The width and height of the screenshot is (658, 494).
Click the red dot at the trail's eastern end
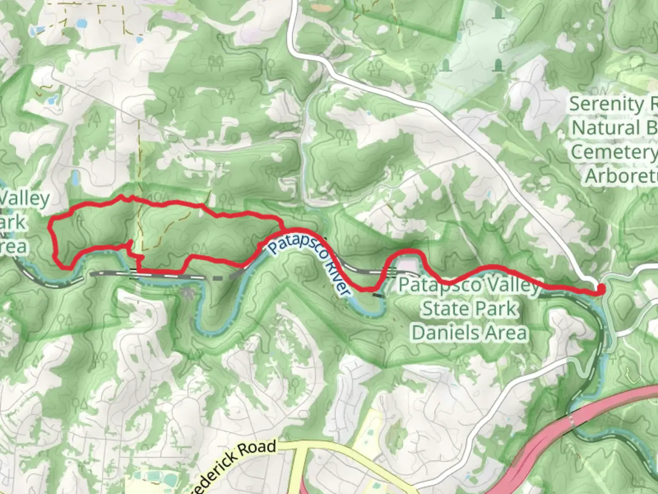(601, 289)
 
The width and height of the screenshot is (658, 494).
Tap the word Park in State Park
(495, 309)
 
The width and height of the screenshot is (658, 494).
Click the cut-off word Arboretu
(621, 176)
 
